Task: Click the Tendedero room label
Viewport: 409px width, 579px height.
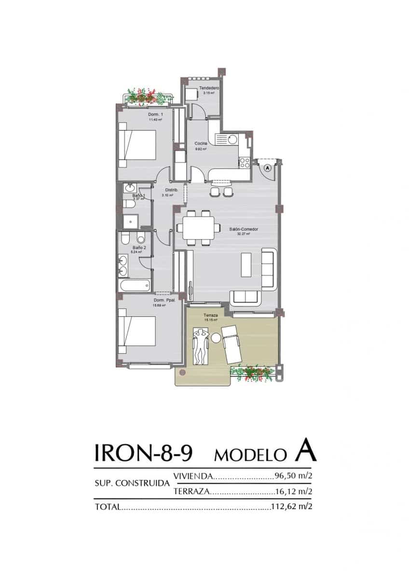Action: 209,88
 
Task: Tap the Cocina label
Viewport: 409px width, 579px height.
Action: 201,144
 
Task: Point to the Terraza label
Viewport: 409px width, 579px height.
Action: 211,315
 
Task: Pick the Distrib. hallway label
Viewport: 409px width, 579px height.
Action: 171,190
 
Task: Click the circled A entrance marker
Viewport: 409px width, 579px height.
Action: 268,167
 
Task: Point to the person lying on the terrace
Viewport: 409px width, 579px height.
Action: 200,345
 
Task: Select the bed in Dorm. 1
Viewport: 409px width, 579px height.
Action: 139,144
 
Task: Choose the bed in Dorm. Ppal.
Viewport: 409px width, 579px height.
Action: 139,331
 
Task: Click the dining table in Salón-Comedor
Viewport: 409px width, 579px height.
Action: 198,228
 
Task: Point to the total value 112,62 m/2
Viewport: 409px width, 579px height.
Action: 289,507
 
